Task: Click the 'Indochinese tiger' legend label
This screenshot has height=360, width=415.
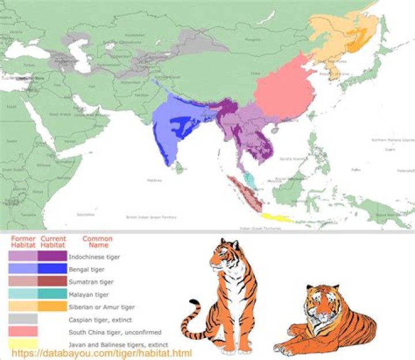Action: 94,256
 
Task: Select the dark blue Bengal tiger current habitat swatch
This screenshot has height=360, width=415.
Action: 52,269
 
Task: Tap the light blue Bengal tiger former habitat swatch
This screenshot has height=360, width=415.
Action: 23,269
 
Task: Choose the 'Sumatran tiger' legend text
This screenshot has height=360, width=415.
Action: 91,282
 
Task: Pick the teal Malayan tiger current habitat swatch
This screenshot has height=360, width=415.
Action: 52,294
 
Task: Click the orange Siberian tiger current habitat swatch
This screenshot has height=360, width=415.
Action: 52,306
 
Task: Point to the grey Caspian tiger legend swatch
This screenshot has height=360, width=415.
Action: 23,319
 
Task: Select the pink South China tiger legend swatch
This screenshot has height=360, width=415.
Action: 23,332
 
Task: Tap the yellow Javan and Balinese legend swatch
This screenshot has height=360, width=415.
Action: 23,344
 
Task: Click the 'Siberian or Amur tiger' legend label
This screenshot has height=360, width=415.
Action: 101,306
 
